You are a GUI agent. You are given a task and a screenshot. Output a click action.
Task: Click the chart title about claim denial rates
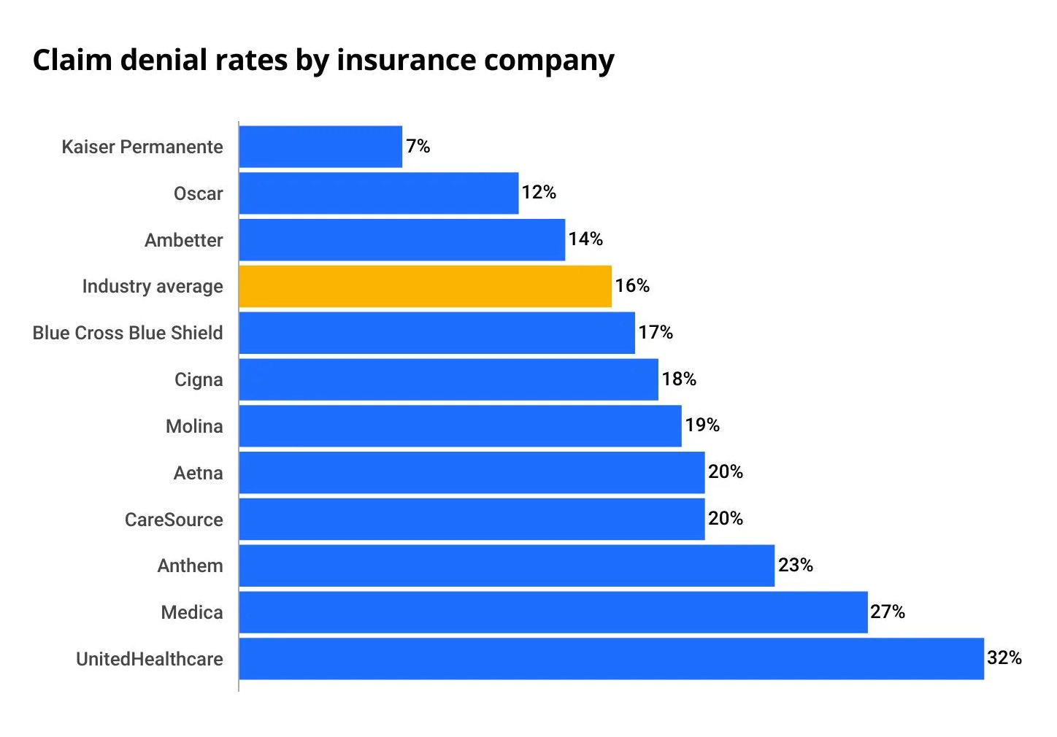(x=323, y=61)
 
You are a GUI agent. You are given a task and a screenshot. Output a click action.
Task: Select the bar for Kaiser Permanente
(x=320, y=147)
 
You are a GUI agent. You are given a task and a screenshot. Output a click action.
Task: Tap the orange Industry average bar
(x=425, y=286)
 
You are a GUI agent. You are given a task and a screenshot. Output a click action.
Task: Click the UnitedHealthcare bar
(x=611, y=659)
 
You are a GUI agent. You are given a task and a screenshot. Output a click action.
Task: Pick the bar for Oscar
(x=378, y=193)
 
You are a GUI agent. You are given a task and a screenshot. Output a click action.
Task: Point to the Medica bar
(x=553, y=612)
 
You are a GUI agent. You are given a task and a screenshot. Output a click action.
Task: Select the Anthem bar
(x=507, y=566)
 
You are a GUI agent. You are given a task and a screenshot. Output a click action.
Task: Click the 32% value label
(x=1004, y=658)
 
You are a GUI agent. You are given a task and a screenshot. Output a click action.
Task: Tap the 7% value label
(x=418, y=147)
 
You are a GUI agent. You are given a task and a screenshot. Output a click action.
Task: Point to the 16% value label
(x=631, y=286)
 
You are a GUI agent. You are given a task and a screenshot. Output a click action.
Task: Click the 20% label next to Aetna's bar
(x=725, y=472)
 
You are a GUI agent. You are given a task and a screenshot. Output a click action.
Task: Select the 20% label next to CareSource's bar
(x=725, y=519)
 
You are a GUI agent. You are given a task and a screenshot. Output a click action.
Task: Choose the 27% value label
(x=887, y=612)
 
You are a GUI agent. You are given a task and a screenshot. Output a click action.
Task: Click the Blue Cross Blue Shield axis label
(x=128, y=333)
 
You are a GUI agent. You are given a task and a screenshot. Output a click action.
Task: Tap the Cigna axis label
(x=198, y=379)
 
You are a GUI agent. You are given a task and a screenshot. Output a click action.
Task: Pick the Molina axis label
(x=194, y=426)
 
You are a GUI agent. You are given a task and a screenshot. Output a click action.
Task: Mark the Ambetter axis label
(x=183, y=240)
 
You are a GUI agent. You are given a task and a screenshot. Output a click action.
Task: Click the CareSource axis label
(x=174, y=520)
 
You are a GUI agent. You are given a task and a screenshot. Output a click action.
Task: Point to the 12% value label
(x=539, y=193)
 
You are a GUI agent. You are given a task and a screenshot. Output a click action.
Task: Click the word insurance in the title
(x=406, y=61)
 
